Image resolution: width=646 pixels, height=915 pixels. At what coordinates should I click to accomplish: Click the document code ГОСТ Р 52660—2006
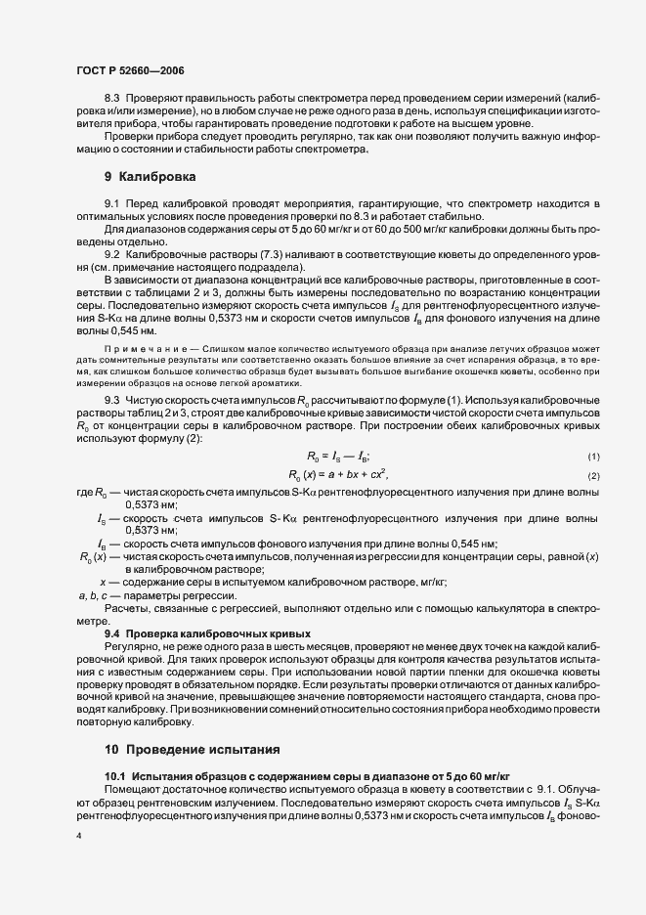pyautogui.click(x=130, y=71)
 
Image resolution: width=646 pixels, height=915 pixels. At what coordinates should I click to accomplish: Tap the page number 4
pyautogui.click(x=78, y=837)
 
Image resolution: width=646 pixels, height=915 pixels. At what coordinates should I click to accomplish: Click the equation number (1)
pyautogui.click(x=593, y=457)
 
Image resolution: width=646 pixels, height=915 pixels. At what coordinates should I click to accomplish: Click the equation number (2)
pyautogui.click(x=593, y=475)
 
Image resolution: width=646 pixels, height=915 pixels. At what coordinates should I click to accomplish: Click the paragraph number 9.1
pyautogui.click(x=110, y=201)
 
